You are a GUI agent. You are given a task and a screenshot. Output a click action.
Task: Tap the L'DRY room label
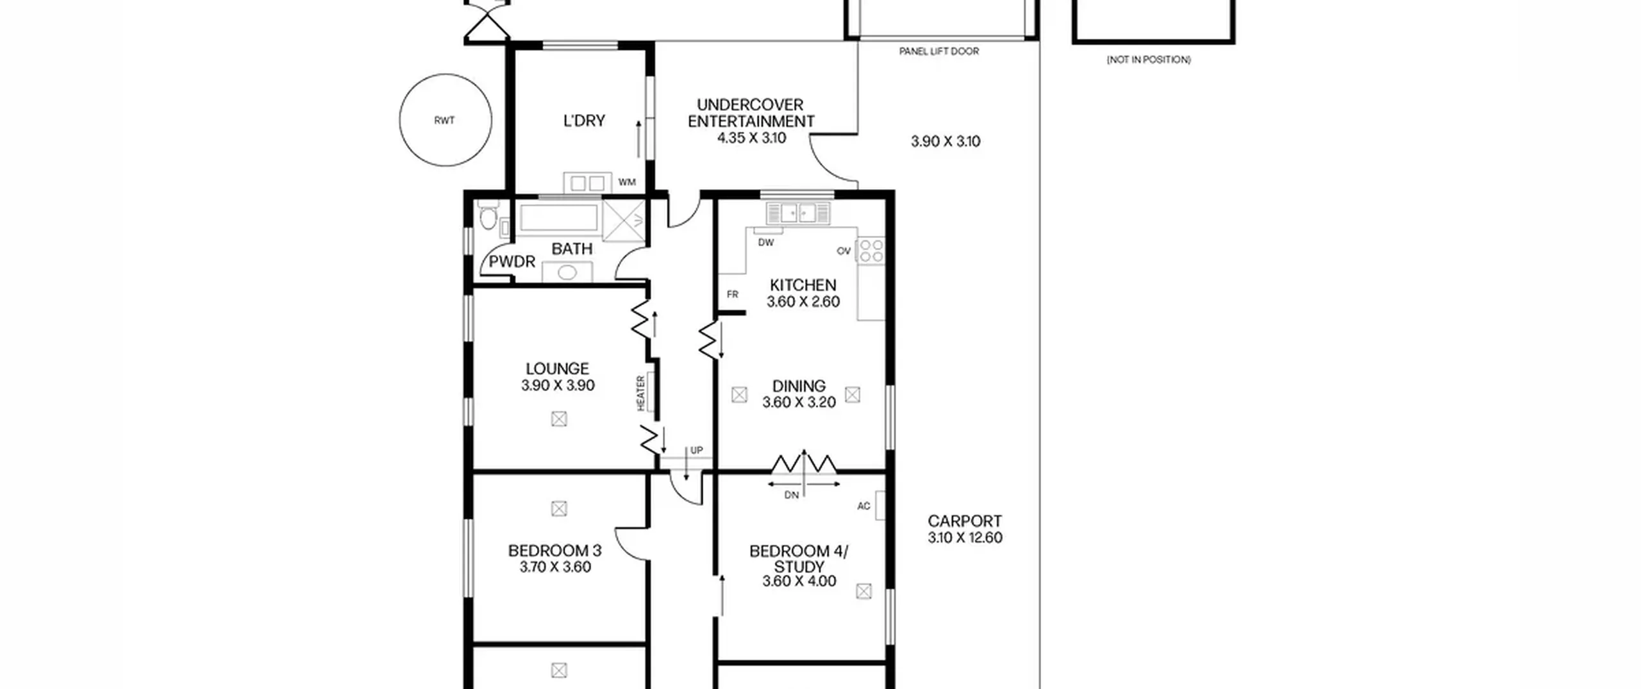point(584,120)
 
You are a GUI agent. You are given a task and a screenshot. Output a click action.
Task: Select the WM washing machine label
point(627,182)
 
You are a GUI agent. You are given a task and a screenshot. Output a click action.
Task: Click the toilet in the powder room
point(489,215)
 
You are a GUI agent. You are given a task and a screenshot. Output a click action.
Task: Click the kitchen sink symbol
point(798,213)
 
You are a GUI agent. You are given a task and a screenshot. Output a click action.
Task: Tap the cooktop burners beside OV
point(870,250)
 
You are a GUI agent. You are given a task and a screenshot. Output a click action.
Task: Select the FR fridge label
point(733,294)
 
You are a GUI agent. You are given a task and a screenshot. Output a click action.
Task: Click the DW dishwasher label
point(766,242)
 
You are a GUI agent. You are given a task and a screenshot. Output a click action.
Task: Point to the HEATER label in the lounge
point(640,393)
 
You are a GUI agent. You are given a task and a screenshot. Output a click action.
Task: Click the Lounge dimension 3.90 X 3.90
point(558,385)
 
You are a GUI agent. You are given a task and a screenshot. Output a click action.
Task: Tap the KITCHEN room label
point(803,285)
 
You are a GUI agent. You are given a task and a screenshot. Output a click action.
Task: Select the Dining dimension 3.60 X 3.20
point(799,402)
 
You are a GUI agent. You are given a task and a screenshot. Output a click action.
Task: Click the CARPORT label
point(965,521)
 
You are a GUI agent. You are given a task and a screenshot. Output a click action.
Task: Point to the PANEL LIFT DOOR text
point(939,51)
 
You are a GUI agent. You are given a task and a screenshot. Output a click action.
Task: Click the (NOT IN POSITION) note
point(1149,60)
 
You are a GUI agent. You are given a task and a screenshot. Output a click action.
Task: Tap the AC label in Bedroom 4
point(863,506)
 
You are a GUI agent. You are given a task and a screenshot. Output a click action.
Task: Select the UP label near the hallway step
point(697,451)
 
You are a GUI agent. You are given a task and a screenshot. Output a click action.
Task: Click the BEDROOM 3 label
point(554,551)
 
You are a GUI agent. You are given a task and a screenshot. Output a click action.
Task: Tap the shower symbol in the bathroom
point(624,220)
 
